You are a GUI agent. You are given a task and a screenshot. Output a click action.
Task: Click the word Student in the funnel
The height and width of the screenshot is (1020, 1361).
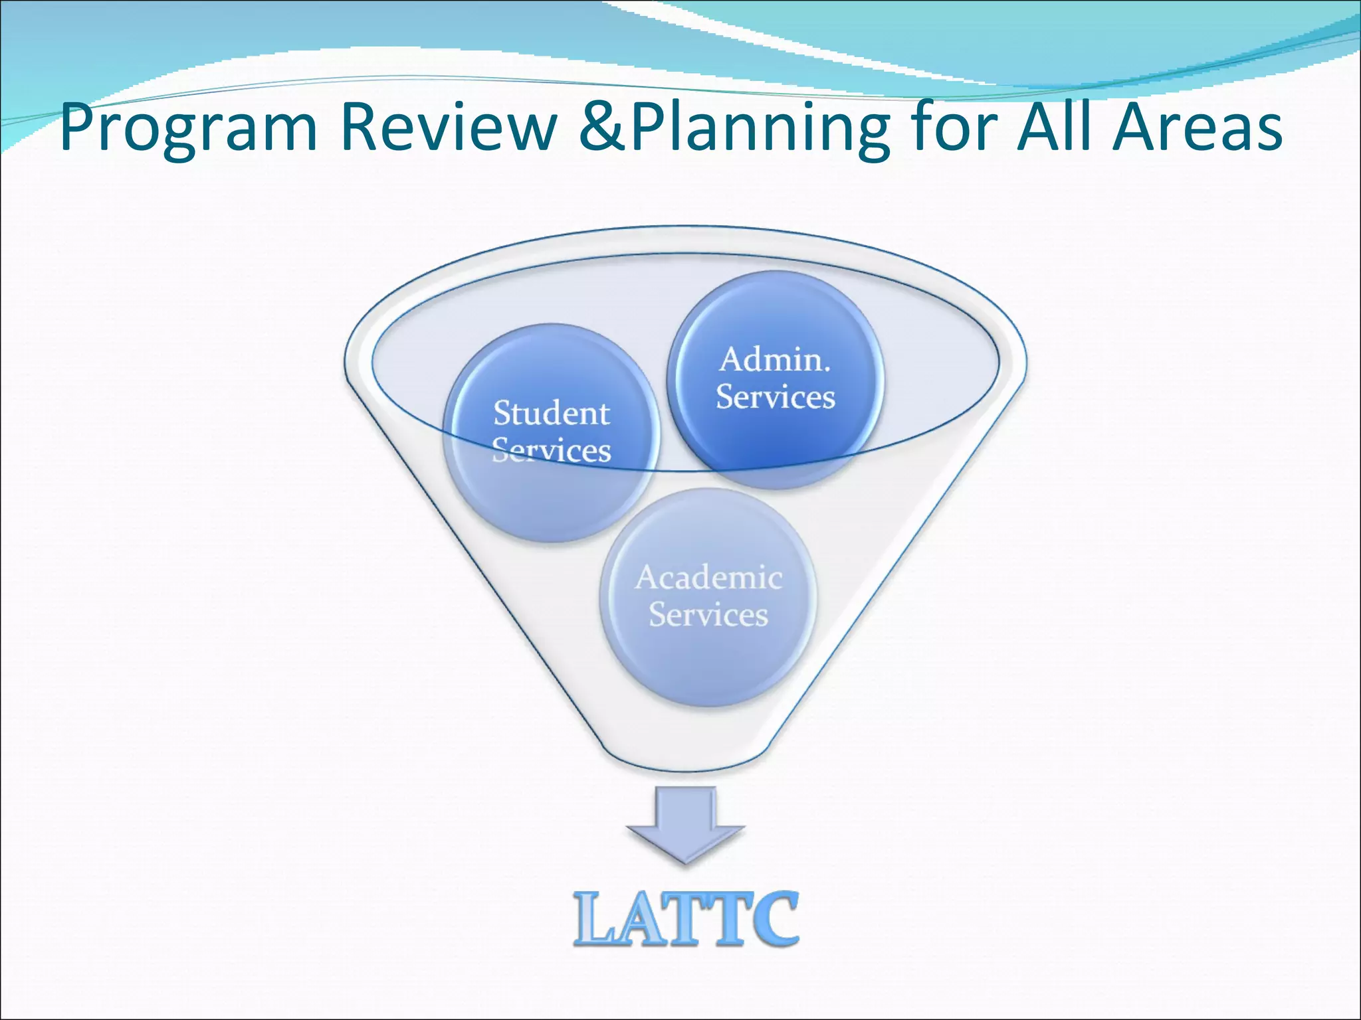(x=552, y=414)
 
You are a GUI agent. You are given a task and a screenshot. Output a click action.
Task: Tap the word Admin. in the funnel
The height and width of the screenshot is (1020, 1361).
(x=776, y=360)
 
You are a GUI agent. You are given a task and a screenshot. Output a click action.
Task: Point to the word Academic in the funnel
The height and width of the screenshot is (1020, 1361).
(x=708, y=578)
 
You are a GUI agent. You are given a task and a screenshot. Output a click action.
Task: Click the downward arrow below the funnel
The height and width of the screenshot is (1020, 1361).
(x=686, y=824)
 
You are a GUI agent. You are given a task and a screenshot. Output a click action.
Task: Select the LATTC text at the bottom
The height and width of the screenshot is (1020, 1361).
(x=686, y=919)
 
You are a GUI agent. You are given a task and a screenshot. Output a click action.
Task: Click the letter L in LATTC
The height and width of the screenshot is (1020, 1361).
(x=597, y=920)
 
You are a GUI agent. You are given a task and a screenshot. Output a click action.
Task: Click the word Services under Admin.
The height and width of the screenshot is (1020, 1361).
(x=776, y=397)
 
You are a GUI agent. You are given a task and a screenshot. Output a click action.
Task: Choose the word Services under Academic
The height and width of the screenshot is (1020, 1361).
(x=708, y=615)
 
